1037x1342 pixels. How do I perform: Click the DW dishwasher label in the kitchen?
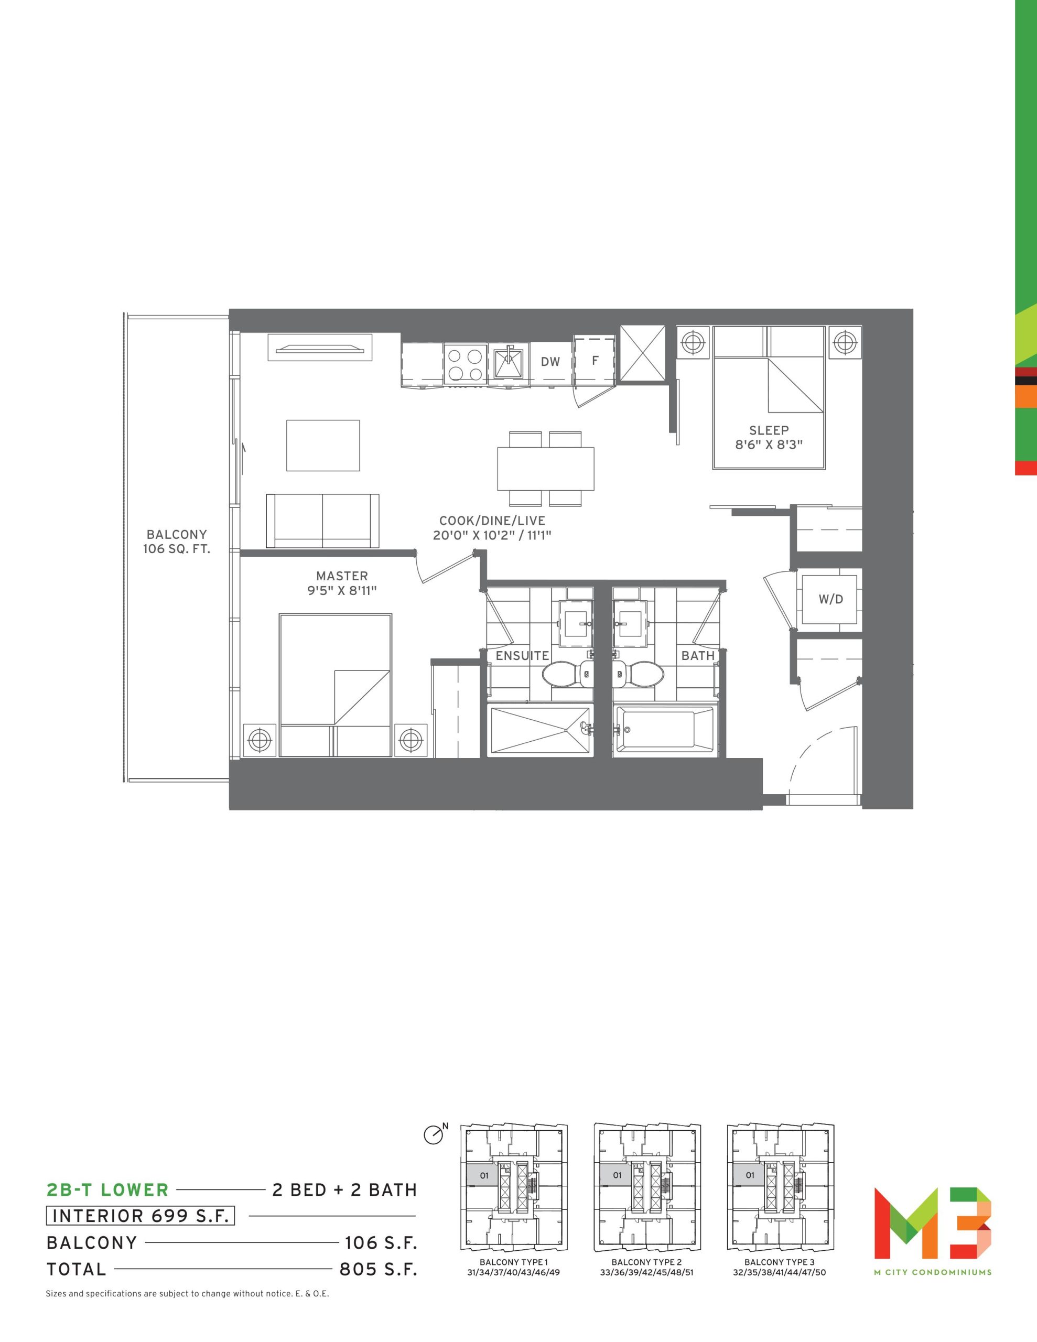(x=550, y=362)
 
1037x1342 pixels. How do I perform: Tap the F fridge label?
(x=595, y=361)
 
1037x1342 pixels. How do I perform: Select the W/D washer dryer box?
(x=830, y=599)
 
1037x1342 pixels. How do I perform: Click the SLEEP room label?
(x=769, y=431)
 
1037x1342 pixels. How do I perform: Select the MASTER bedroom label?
(x=342, y=576)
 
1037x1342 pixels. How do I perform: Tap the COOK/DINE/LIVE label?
(x=492, y=521)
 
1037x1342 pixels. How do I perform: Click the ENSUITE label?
(x=522, y=656)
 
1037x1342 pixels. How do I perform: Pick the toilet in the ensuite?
(x=567, y=674)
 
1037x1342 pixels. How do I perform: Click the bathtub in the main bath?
(x=664, y=729)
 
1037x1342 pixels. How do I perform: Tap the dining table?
(x=546, y=468)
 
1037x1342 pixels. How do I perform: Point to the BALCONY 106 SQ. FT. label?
(x=177, y=542)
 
